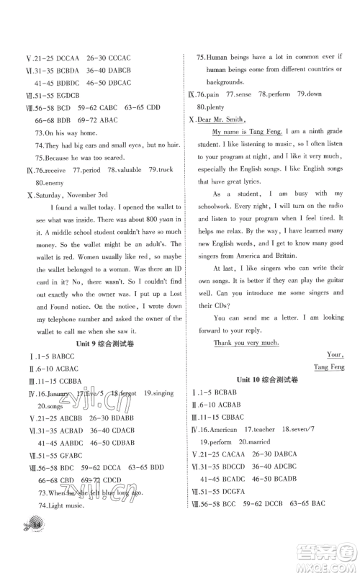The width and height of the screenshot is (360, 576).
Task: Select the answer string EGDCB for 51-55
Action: (x=63, y=95)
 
